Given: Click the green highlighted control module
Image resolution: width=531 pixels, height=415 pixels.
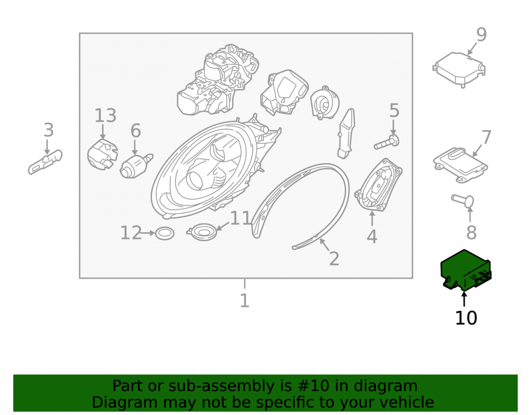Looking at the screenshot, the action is click(x=465, y=270).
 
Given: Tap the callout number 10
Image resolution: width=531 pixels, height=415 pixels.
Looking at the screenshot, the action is click(x=466, y=318).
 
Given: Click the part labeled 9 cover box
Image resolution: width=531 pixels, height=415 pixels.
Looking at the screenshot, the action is click(x=459, y=69).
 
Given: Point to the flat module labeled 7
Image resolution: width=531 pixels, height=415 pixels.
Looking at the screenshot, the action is click(x=460, y=165).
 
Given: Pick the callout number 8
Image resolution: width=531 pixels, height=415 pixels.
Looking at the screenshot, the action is click(x=472, y=232).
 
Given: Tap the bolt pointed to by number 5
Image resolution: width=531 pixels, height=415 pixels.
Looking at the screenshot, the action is click(x=387, y=142).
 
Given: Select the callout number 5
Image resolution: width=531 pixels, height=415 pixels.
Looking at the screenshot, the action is click(x=394, y=111).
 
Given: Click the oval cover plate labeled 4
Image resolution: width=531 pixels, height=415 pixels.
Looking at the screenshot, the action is click(x=378, y=185).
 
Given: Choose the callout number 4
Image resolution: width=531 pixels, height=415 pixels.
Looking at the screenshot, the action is click(x=372, y=236).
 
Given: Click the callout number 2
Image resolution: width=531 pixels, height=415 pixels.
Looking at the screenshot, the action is click(x=334, y=259).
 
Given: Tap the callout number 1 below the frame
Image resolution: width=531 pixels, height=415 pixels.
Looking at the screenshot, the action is click(x=244, y=301).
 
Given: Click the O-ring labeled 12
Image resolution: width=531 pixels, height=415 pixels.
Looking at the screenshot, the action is click(x=165, y=233).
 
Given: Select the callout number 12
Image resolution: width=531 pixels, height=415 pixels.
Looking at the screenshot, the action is click(x=131, y=233).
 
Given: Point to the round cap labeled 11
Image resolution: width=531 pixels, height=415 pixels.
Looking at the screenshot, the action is click(x=202, y=232).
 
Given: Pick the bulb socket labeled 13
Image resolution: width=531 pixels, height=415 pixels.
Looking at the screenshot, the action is click(x=102, y=155).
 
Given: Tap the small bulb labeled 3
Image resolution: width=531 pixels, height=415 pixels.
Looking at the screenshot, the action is click(x=45, y=162).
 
